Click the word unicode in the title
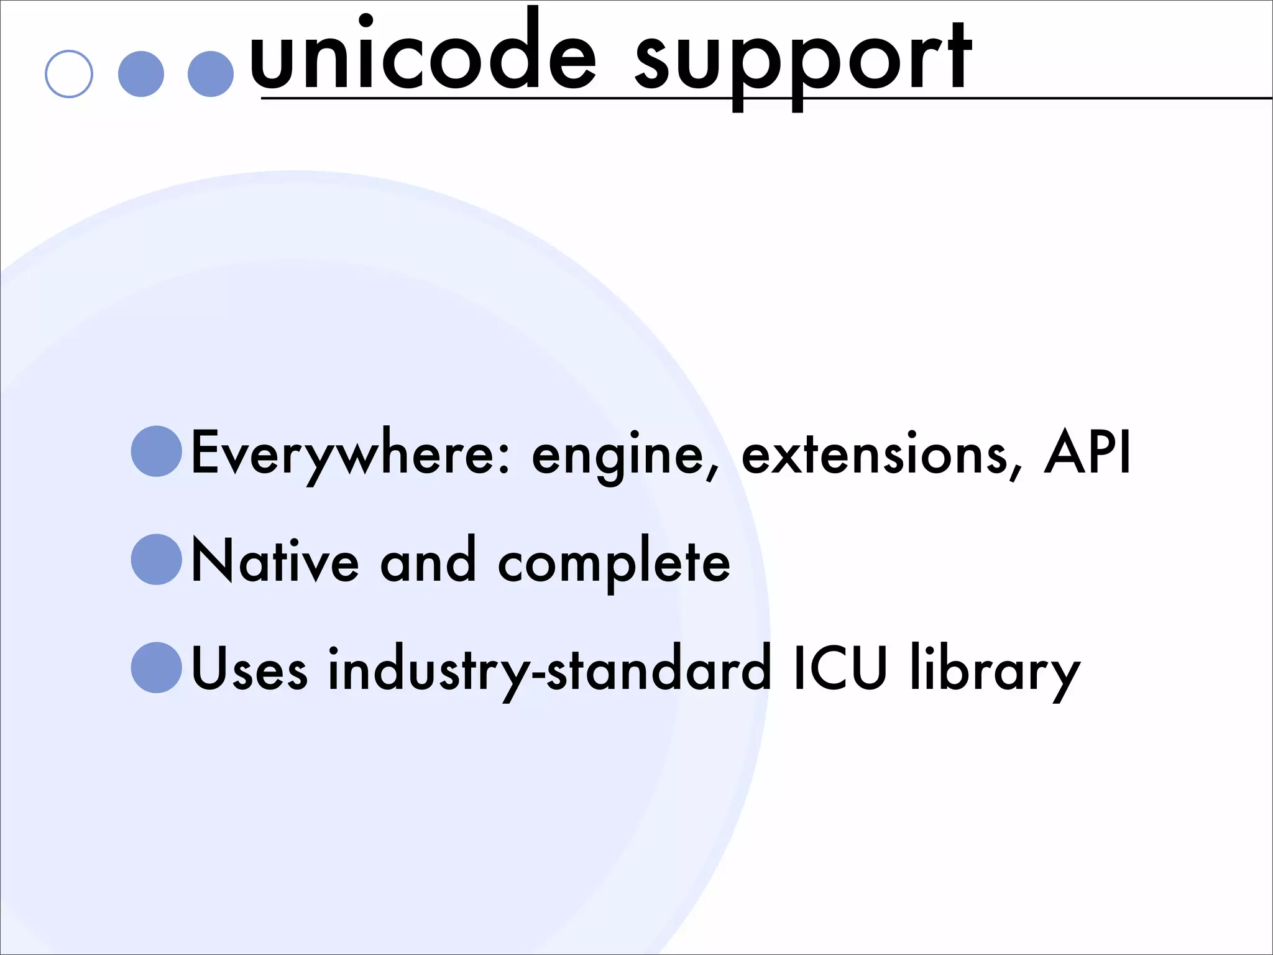423,56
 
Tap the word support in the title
802,62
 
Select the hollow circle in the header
69,74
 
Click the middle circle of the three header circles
141,74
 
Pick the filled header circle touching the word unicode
211,74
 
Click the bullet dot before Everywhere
157,451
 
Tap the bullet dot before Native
157,560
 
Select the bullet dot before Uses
157,668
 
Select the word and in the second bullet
428,561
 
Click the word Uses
249,669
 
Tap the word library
995,670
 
